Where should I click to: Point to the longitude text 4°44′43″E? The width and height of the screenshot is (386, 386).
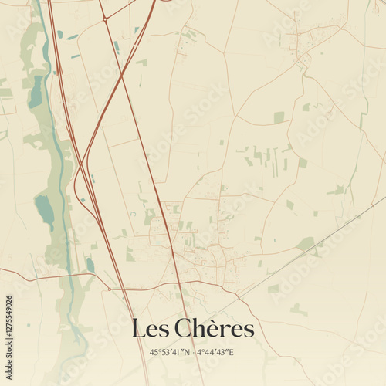215,353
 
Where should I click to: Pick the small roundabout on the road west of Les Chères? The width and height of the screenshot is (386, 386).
109,289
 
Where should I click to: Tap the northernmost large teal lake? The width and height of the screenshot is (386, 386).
36,91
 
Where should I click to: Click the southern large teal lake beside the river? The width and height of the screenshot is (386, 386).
45,210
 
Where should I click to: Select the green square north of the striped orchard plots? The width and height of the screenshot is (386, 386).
279,117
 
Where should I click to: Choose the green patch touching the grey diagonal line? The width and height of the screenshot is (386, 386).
306,244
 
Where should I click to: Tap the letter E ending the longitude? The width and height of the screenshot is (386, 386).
231,353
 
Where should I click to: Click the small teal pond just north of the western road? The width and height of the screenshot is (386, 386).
90,265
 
